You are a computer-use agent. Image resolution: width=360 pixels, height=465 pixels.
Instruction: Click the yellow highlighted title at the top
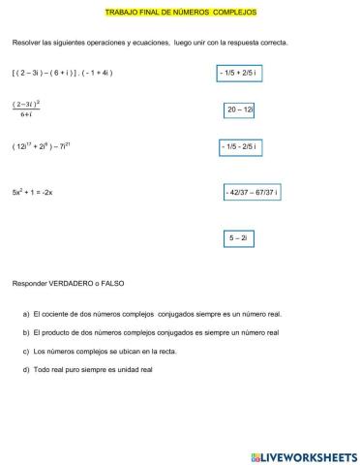coord(179,14)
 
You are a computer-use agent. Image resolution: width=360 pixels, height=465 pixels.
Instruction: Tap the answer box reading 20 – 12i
coord(240,110)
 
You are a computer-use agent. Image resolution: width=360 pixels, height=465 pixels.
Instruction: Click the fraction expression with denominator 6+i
coord(25,109)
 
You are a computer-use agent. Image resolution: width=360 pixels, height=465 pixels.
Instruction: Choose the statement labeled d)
coord(87,370)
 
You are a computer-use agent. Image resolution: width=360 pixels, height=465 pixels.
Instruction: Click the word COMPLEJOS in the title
coord(234,14)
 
